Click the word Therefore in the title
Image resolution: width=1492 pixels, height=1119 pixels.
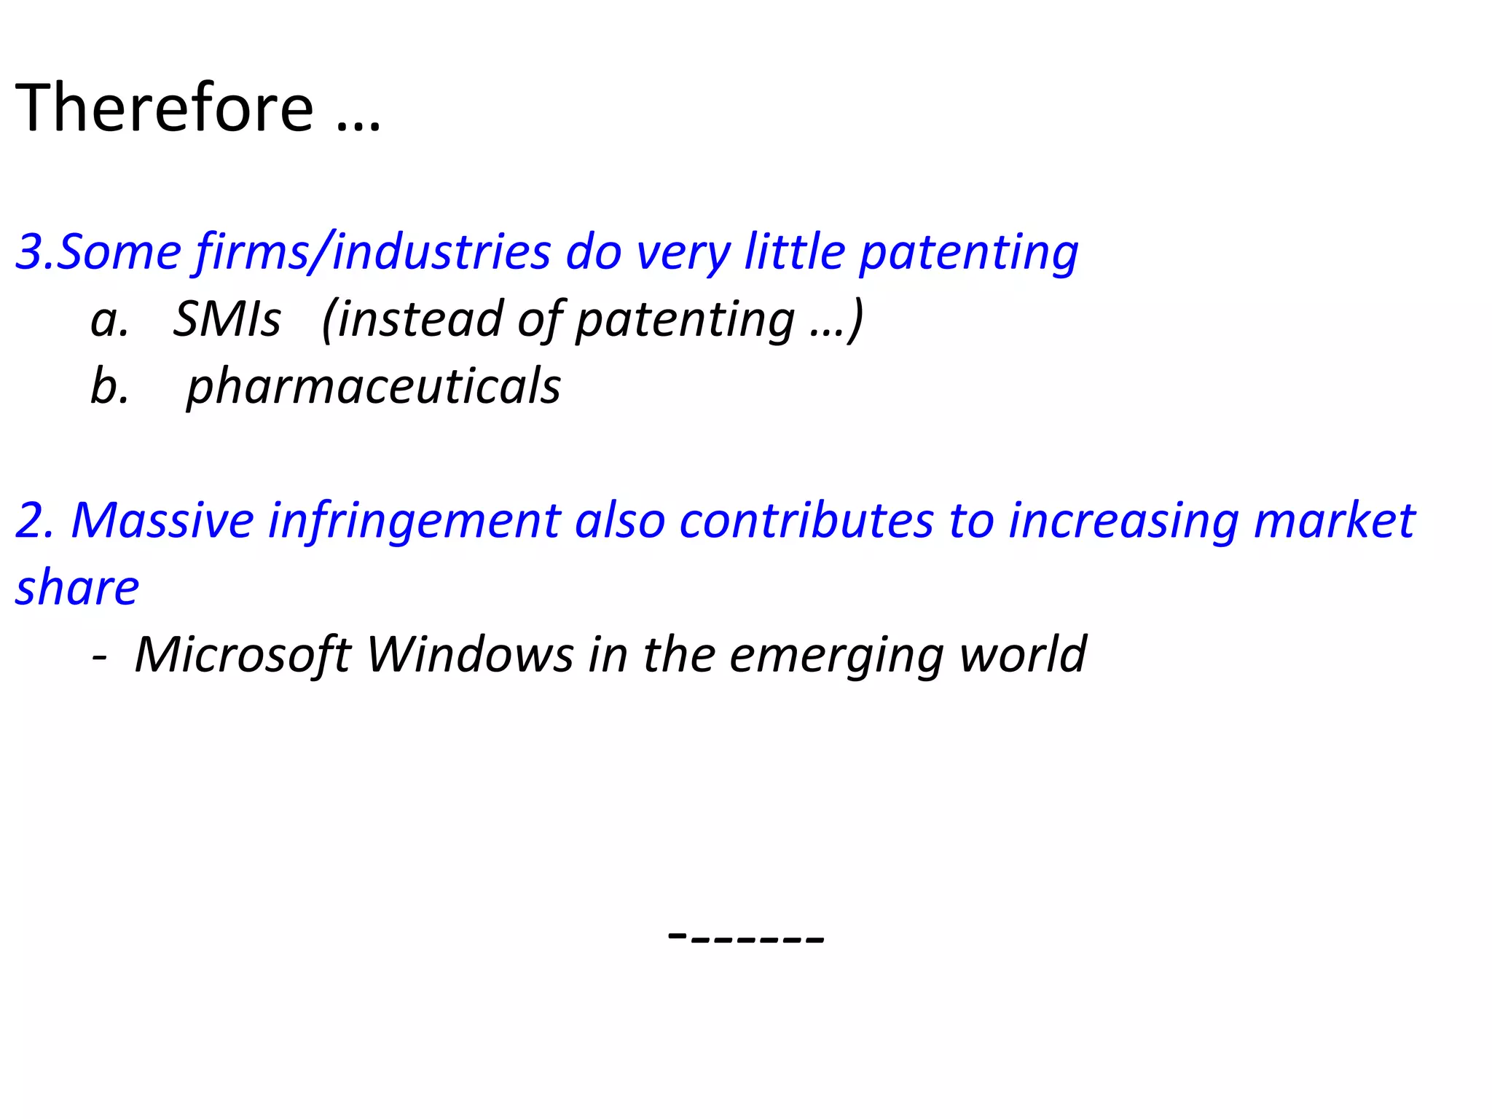pyautogui.click(x=164, y=108)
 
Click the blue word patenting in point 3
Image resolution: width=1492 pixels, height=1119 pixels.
pyautogui.click(x=968, y=252)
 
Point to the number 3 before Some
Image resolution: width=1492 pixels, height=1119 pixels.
pyautogui.click(x=29, y=252)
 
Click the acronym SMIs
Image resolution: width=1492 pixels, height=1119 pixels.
pyautogui.click(x=227, y=319)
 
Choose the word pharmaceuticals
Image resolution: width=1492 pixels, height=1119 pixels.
pyautogui.click(x=374, y=386)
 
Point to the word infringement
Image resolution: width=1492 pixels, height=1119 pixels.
pyautogui.click(x=415, y=521)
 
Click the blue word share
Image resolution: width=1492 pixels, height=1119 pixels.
pyautogui.click(x=77, y=588)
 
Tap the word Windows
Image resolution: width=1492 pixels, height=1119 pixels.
pyautogui.click(x=470, y=654)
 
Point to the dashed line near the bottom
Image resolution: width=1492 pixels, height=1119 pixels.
pyautogui.click(x=746, y=936)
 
